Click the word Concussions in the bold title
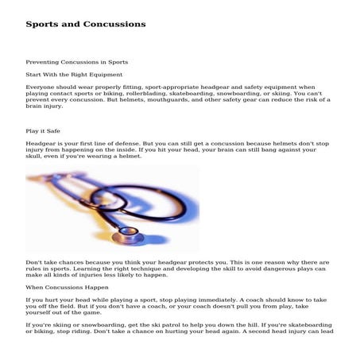[117, 24]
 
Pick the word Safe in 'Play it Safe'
[56, 130]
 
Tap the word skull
[34, 157]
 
